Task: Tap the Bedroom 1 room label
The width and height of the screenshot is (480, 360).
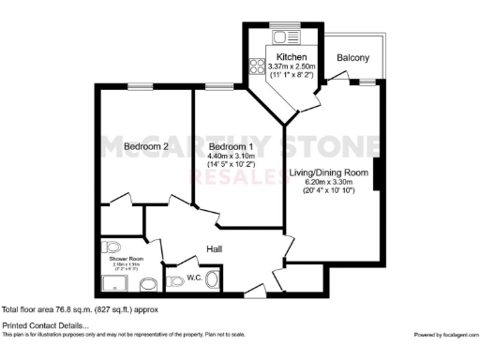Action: (230, 146)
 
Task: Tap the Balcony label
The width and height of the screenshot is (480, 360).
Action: (352, 58)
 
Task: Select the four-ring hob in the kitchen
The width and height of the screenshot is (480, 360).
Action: (254, 67)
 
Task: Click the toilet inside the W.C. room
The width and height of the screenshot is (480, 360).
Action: (175, 279)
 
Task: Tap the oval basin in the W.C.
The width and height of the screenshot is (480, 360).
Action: (213, 279)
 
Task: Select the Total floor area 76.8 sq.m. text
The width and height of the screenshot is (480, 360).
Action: (79, 309)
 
